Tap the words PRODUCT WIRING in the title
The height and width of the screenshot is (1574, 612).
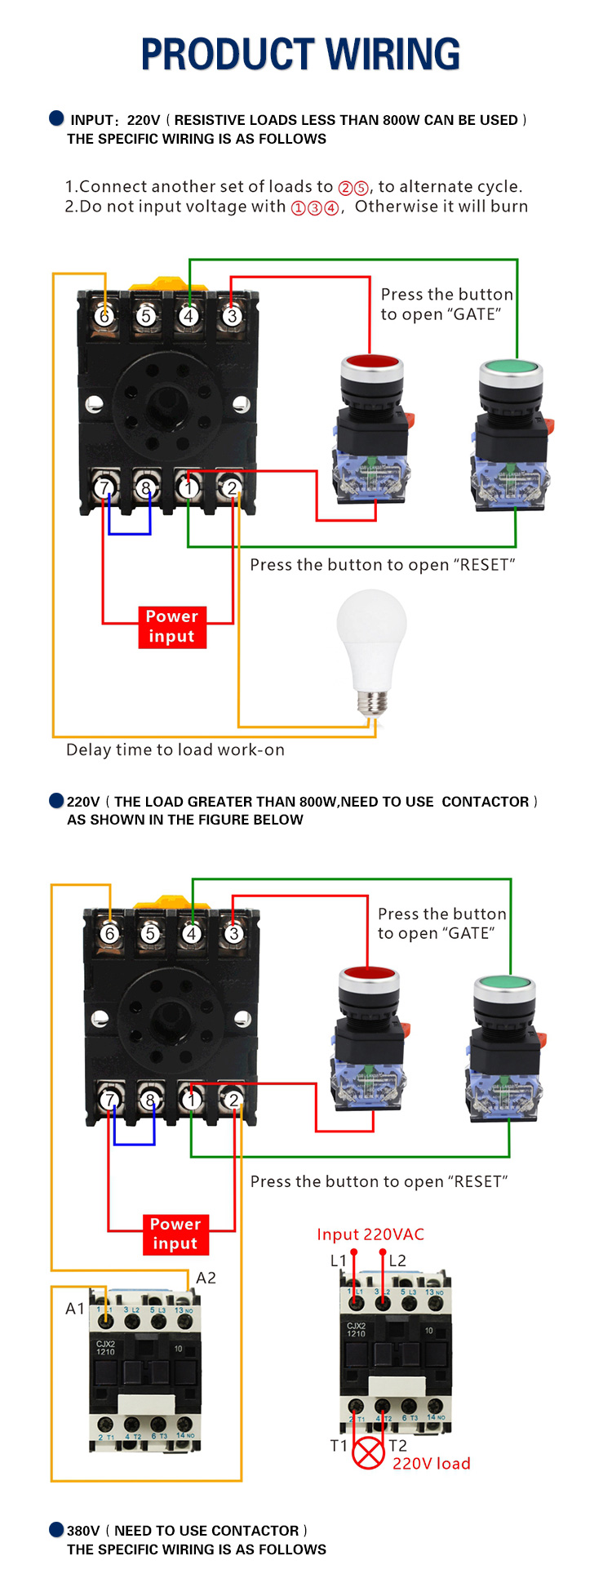tap(300, 55)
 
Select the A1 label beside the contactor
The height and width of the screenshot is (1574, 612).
tap(74, 1309)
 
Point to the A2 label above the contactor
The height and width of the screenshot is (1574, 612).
tap(206, 1278)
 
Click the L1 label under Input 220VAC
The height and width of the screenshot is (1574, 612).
tap(338, 1261)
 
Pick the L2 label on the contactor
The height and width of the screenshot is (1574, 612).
tap(397, 1261)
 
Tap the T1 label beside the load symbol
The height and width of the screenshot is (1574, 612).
tap(338, 1446)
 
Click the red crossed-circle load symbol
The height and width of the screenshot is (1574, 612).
tap(368, 1453)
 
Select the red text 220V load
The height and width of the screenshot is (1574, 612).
tap(431, 1464)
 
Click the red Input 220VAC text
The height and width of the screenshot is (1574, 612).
tap(370, 1234)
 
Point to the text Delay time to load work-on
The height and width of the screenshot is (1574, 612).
tap(175, 749)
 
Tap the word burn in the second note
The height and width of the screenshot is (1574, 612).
tap(509, 207)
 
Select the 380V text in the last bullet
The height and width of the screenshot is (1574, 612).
tap(83, 1531)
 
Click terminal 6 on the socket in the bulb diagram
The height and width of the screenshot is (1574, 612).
tap(104, 316)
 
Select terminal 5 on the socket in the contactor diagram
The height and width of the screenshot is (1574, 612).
tap(150, 933)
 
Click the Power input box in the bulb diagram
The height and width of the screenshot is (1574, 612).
tap(172, 627)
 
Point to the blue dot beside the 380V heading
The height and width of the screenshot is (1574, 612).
tap(56, 1529)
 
